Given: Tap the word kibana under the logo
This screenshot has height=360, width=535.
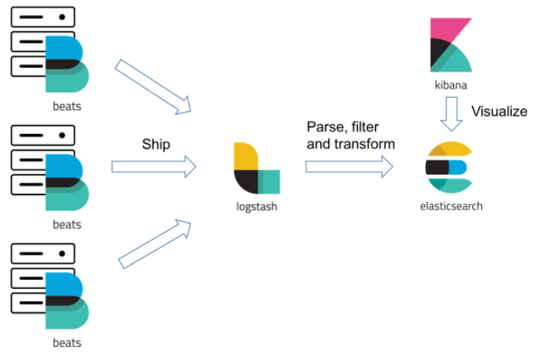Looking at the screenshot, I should (x=451, y=85).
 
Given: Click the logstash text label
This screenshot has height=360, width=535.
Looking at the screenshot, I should (x=256, y=206).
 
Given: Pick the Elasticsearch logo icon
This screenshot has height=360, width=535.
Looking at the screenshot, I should (x=450, y=167).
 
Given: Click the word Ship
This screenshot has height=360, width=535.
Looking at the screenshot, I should (x=155, y=144).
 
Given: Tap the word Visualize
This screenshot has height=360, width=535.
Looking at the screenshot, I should (x=499, y=112).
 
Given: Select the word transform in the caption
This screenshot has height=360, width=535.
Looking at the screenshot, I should (x=369, y=143).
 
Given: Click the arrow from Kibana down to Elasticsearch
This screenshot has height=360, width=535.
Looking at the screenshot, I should (x=451, y=114).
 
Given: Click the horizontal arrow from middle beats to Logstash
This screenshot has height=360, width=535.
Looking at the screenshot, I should (x=154, y=166).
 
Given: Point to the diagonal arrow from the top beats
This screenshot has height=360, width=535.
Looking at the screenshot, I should (x=154, y=86).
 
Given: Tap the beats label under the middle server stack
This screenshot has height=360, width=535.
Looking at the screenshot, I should (x=67, y=224).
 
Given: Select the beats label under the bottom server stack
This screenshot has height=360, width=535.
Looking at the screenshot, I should (x=67, y=343).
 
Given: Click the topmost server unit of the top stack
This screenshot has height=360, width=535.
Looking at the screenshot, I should (x=42, y=17).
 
